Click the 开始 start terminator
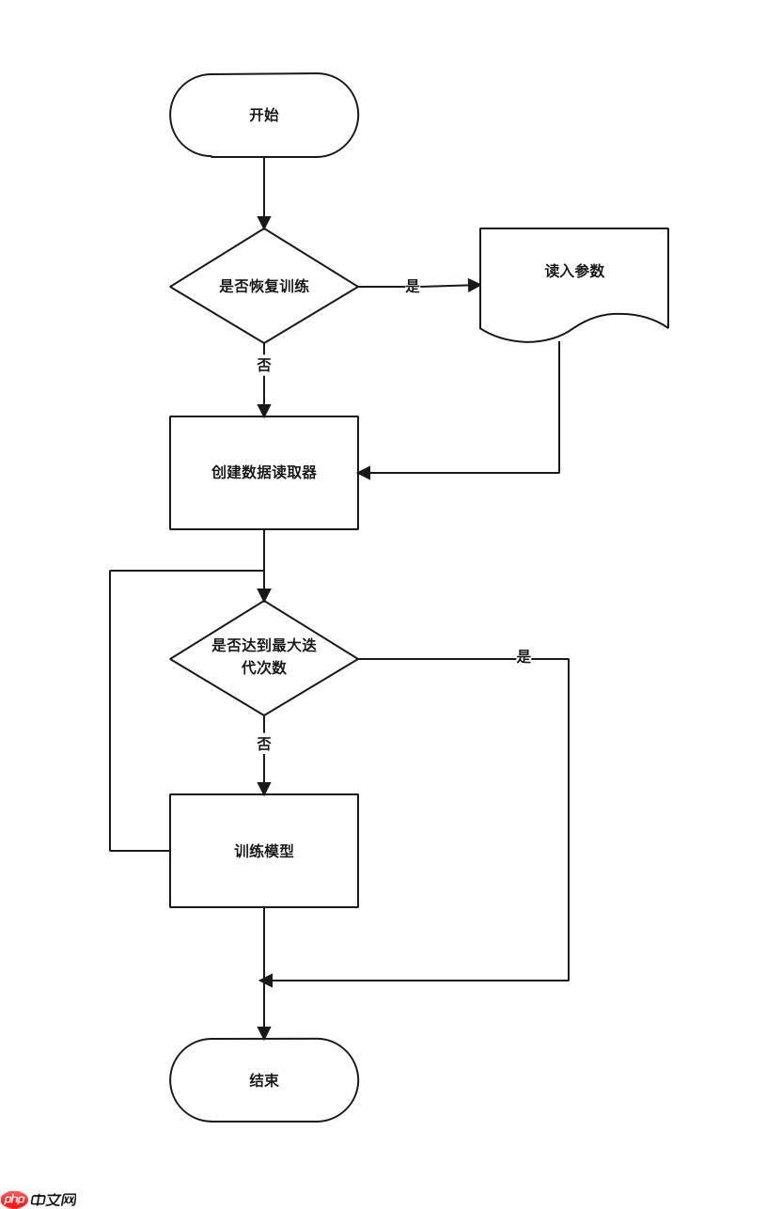(x=264, y=115)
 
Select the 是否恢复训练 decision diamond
(x=264, y=286)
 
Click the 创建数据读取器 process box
(x=264, y=472)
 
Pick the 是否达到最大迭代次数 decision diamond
(x=264, y=657)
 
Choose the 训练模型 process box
(x=264, y=850)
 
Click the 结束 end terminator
(x=264, y=1079)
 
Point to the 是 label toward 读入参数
(x=413, y=286)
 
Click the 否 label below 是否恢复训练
(x=264, y=365)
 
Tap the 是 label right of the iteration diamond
(x=524, y=657)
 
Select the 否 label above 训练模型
(x=264, y=744)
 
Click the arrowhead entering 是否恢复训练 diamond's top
(x=264, y=223)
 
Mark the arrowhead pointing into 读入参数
(x=474, y=285)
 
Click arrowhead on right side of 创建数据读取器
(x=365, y=473)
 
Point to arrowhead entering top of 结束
(x=264, y=1032)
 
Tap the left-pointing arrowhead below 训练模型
(x=266, y=981)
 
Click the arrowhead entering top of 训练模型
(x=264, y=788)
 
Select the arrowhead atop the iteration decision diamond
(x=264, y=595)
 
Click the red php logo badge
(x=15, y=1199)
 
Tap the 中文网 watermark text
(x=54, y=1200)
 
